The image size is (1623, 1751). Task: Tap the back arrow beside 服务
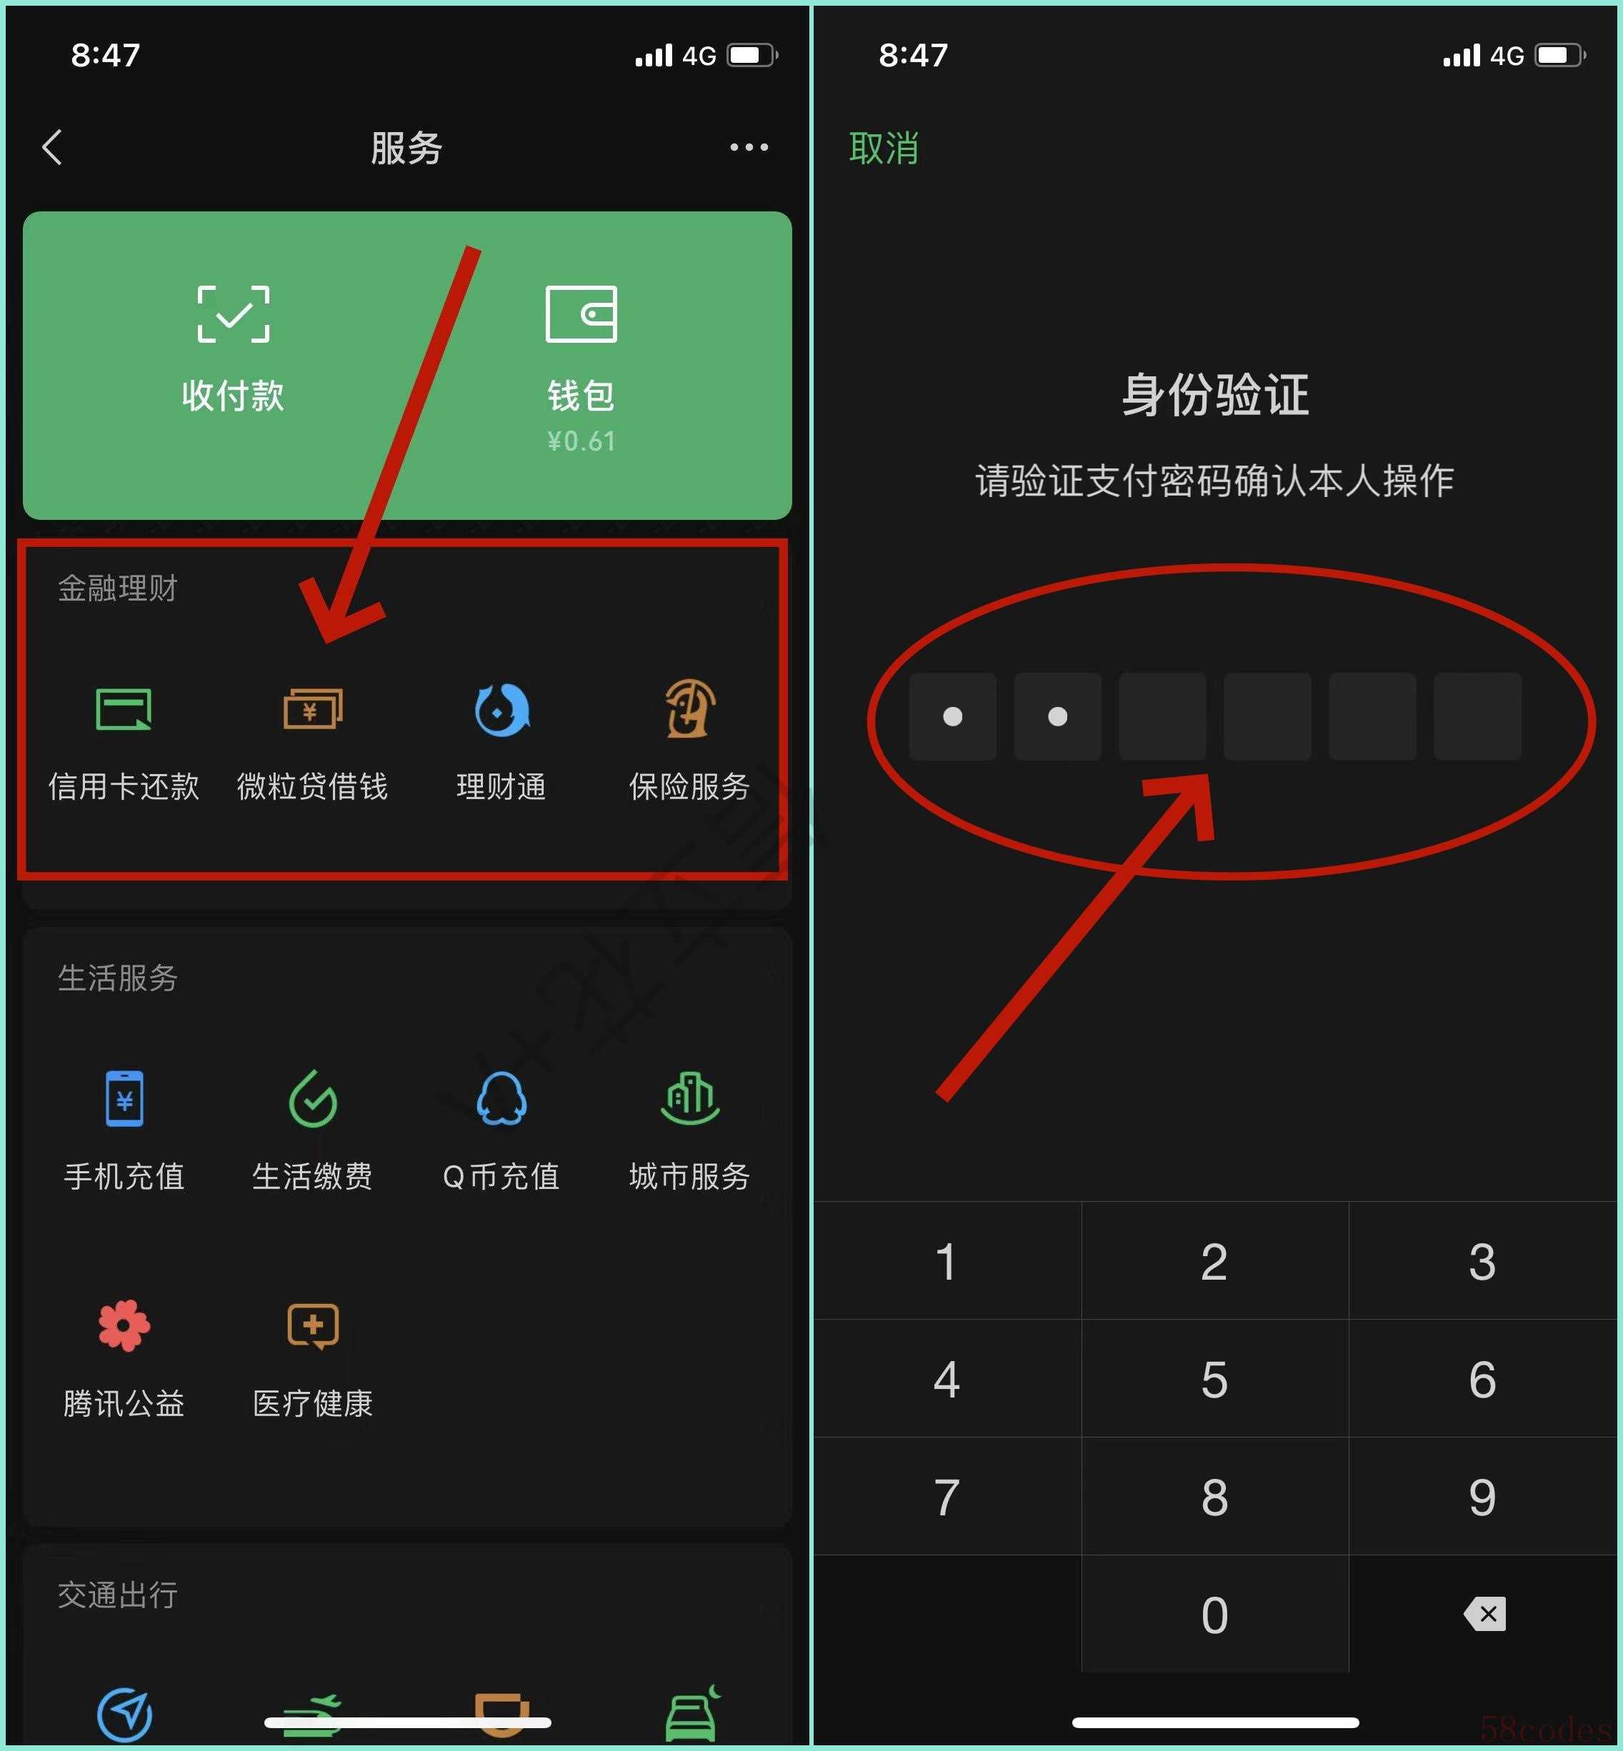coord(53,148)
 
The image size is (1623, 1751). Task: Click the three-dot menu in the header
coord(749,148)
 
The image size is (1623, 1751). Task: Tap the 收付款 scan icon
coord(234,313)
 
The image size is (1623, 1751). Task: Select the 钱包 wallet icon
coord(581,313)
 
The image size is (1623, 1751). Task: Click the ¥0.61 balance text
coord(581,441)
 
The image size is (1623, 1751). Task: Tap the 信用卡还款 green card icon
coord(124,708)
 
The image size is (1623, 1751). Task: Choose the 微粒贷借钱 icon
coord(313,708)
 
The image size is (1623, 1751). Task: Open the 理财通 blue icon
coord(501,708)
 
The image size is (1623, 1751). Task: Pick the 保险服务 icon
coord(690,708)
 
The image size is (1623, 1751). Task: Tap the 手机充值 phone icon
coord(125,1098)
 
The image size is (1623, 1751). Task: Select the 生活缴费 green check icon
coord(313,1098)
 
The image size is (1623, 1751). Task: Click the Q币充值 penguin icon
coord(501,1098)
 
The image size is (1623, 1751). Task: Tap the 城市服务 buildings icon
coord(690,1098)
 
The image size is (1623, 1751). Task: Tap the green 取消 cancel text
coord(884,149)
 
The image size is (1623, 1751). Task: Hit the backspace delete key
coord(1484,1614)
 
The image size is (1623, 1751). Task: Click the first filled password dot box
coord(953,716)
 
